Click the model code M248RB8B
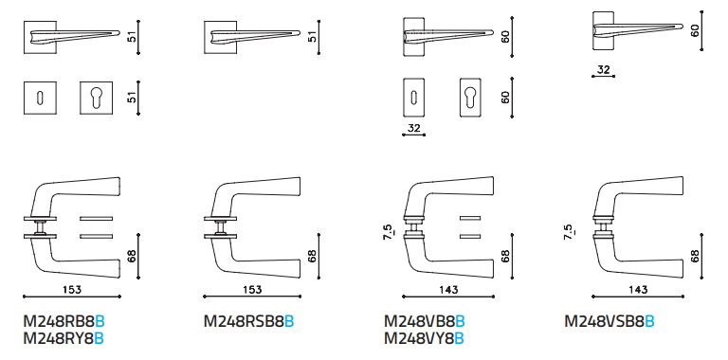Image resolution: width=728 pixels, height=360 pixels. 64,321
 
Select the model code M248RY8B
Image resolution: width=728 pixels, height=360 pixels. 64,339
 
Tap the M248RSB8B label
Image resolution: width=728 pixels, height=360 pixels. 249,321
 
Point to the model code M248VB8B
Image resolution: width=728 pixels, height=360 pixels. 425,321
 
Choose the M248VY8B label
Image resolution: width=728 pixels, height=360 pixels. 424,339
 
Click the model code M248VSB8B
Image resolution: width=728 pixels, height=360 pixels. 610,321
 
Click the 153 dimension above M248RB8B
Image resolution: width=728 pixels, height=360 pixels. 72,290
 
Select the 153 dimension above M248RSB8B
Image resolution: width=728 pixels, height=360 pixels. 252,290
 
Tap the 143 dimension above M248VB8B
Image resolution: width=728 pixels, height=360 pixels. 448,290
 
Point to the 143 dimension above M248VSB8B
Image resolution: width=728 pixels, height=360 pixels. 638,290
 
